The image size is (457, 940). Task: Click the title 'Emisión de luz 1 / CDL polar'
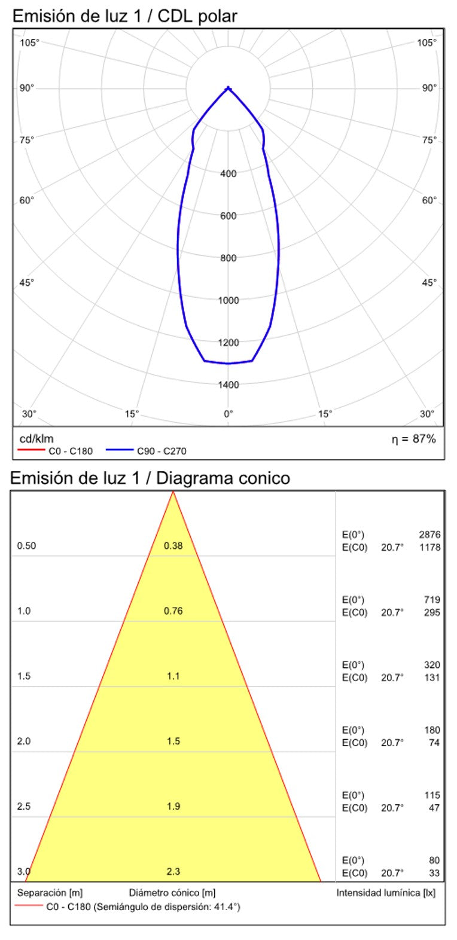coord(124,16)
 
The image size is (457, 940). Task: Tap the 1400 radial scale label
coord(228,384)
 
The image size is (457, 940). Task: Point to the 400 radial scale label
coord(228,174)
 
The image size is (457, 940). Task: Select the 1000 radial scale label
coord(228,300)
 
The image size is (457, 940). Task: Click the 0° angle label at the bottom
coord(228,413)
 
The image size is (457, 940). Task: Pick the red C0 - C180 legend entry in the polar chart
coord(56,451)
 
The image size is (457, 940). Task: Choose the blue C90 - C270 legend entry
coord(146,451)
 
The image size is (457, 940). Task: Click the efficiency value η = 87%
coord(413,439)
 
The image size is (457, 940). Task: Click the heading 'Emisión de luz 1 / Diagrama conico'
coord(150,478)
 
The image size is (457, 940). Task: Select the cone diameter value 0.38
coord(173,545)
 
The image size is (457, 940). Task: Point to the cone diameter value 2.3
coord(173,871)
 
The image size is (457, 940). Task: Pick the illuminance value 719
coord(432,600)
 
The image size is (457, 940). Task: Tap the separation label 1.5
coord(24,676)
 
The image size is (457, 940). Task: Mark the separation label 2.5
coord(24,807)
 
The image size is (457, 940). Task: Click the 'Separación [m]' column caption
coord(50,893)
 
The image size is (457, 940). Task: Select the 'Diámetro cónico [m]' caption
coord(172,893)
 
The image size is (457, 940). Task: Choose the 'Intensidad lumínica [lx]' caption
coord(386,893)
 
